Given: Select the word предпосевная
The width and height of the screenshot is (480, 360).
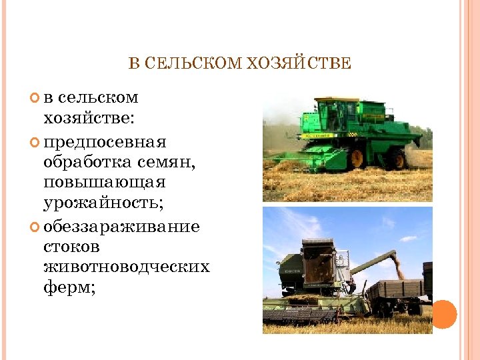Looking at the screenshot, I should pos(105,143).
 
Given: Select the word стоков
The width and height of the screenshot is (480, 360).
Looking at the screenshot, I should pos(72,247).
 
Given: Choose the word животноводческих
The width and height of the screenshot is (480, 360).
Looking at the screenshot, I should pos(127,267).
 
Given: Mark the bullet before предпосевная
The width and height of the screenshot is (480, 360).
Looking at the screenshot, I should pos(36,143).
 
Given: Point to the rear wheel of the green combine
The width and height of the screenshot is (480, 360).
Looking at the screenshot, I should pos(398,159).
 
